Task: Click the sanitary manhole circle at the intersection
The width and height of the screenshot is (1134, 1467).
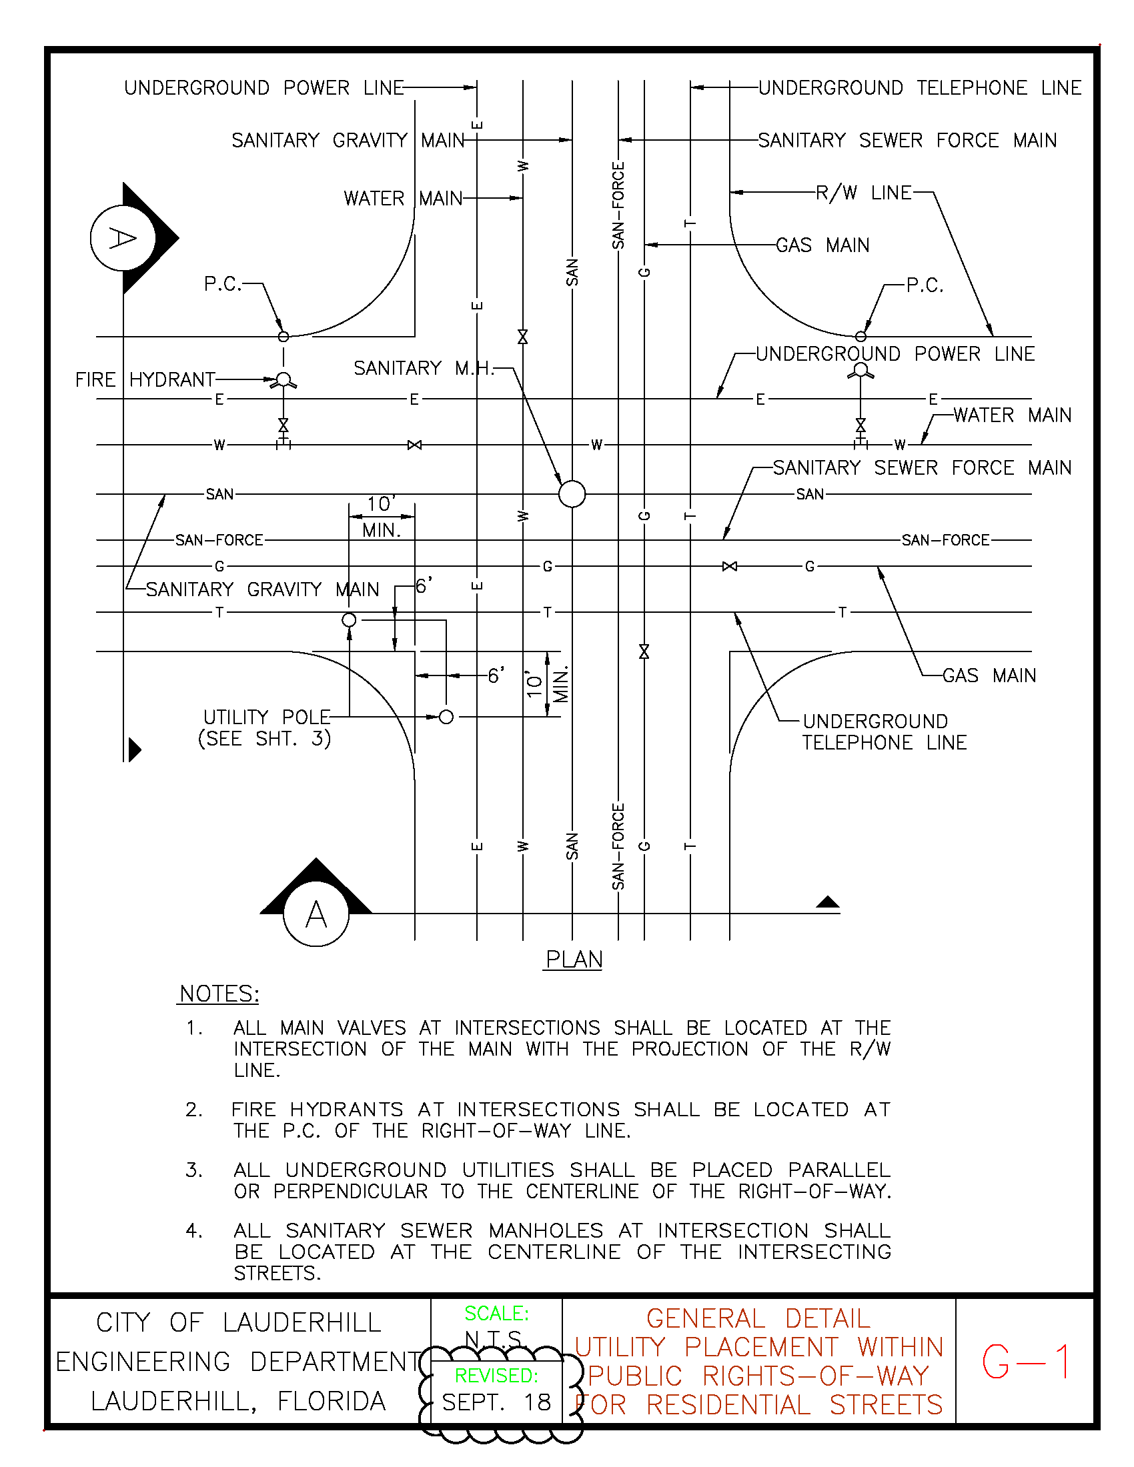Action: (572, 494)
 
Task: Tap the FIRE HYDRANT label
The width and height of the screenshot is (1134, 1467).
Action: (145, 380)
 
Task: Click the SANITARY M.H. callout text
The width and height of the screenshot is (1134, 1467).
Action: (423, 368)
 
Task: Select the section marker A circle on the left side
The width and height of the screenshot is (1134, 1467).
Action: (123, 238)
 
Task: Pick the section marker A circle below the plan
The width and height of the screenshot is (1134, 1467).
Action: (316, 915)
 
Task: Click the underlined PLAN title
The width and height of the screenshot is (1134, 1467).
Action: (574, 959)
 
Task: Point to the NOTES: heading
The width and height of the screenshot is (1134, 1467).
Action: (219, 994)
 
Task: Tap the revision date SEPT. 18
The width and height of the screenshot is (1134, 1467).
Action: (496, 1402)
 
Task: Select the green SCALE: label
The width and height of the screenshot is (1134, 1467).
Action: (496, 1313)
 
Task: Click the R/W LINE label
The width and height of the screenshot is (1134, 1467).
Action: (863, 193)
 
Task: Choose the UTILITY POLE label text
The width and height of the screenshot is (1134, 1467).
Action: (267, 717)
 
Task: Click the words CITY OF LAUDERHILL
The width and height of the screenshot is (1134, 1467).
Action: (239, 1323)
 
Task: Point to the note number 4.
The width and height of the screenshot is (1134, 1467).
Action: (193, 1230)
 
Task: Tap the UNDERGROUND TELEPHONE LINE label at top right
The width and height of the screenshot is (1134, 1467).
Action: (920, 88)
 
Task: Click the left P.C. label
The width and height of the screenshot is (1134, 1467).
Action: (222, 284)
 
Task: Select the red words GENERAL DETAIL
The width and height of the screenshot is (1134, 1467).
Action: (758, 1318)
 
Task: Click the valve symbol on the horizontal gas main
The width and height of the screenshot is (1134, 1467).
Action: (729, 566)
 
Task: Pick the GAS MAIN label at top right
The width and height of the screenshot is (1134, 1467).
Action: (822, 245)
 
